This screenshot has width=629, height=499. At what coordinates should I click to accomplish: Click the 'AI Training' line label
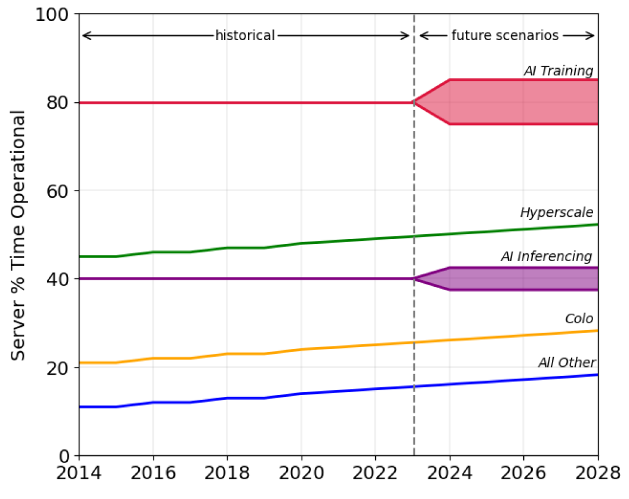[x=559, y=71]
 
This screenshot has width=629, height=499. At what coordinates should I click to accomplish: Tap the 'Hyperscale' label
[x=556, y=213]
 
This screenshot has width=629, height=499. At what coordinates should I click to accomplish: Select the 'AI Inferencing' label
[x=547, y=257]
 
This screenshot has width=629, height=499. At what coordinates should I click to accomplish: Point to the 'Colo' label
[x=579, y=319]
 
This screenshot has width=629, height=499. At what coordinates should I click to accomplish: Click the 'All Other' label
[x=567, y=363]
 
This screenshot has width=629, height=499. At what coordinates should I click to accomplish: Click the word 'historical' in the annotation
[x=245, y=35]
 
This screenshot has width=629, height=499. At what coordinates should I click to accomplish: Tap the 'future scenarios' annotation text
[x=505, y=35]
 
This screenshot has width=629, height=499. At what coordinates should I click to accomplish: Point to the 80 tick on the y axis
[x=58, y=103]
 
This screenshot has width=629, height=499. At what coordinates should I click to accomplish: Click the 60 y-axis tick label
[x=58, y=191]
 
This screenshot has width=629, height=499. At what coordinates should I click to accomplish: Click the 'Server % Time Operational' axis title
[x=19, y=235]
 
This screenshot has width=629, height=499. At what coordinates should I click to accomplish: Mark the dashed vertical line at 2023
[x=414, y=179]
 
